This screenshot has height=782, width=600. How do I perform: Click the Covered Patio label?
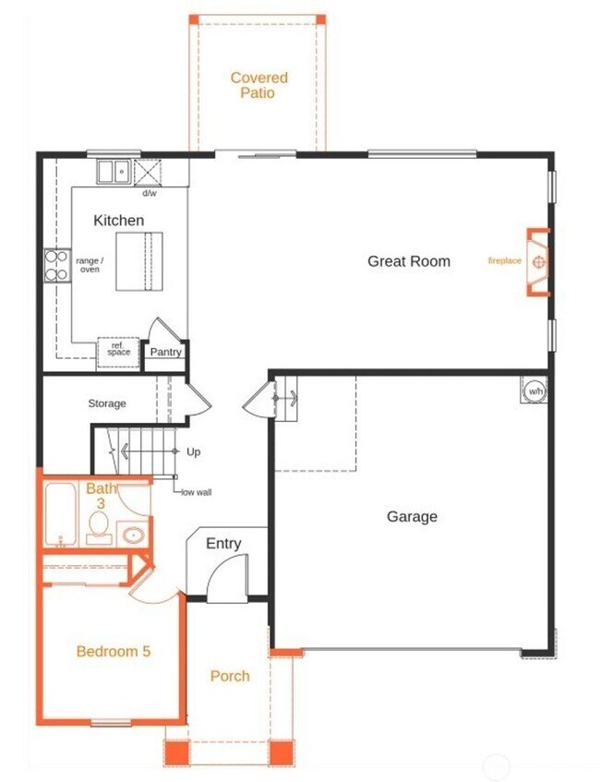point(258,85)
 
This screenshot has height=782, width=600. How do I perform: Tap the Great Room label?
point(409,261)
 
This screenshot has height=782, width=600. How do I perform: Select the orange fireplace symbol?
point(539,261)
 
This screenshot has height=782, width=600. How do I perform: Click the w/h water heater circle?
point(534,391)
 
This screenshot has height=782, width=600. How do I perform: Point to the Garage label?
point(412,517)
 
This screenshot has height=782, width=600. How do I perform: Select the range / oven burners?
point(55,266)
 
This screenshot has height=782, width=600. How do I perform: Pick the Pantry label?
point(166,352)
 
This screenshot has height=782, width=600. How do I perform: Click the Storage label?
point(107,403)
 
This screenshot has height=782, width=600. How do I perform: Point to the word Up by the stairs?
point(193,452)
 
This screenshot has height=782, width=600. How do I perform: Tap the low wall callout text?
point(197,493)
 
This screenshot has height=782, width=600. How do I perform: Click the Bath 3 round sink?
point(132,535)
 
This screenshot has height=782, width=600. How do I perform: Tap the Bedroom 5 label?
point(113,651)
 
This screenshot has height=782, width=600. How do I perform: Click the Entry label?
point(223,544)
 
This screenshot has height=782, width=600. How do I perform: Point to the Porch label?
point(230,676)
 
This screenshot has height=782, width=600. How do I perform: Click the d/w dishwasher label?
point(149,194)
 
